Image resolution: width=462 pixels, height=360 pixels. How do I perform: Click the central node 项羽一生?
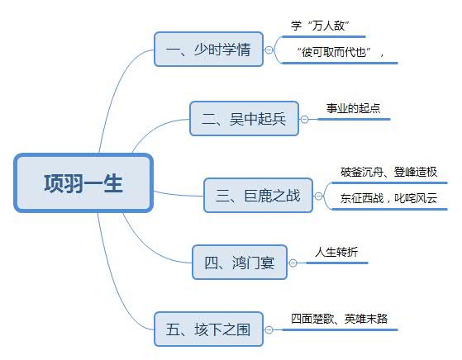click(x=83, y=182)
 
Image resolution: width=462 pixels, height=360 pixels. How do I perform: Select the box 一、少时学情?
click(x=208, y=50)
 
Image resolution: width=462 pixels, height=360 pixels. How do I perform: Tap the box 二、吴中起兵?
click(x=245, y=119)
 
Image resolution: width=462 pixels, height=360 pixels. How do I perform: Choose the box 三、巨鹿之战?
click(x=258, y=196)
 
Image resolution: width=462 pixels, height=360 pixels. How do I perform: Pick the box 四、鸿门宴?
click(x=240, y=263)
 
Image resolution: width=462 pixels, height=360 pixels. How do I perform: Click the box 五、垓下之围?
click(x=208, y=329)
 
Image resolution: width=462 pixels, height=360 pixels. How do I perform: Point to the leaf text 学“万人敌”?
click(x=320, y=26)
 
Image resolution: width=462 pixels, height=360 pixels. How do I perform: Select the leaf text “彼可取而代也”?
click(x=334, y=52)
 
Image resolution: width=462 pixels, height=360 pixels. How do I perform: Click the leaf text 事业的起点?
click(x=353, y=108)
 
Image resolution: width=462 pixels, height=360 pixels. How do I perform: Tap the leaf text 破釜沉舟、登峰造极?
click(x=389, y=172)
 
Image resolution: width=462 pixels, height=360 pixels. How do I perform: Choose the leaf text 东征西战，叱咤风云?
click(x=389, y=198)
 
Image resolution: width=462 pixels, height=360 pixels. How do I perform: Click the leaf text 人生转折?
click(x=336, y=252)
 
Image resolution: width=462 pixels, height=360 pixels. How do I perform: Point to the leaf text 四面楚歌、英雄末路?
click(x=339, y=319)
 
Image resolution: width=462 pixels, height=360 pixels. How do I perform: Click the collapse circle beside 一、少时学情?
click(x=269, y=50)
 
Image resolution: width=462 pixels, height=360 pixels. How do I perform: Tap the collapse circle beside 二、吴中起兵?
click(x=304, y=119)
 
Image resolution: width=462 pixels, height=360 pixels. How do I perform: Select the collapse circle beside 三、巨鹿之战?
click(x=318, y=196)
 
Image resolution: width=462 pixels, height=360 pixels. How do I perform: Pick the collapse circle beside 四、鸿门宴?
click(x=293, y=263)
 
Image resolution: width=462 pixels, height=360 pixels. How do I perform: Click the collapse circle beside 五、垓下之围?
click(x=269, y=329)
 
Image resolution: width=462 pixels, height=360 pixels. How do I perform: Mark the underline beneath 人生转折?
click(x=336, y=263)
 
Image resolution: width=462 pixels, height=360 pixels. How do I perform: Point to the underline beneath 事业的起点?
click(x=354, y=119)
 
